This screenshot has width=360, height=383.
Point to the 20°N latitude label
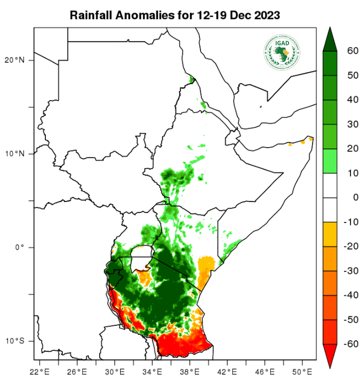(15, 60)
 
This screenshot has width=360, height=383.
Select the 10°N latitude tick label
(15, 154)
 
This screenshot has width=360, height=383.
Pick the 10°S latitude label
(15, 341)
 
